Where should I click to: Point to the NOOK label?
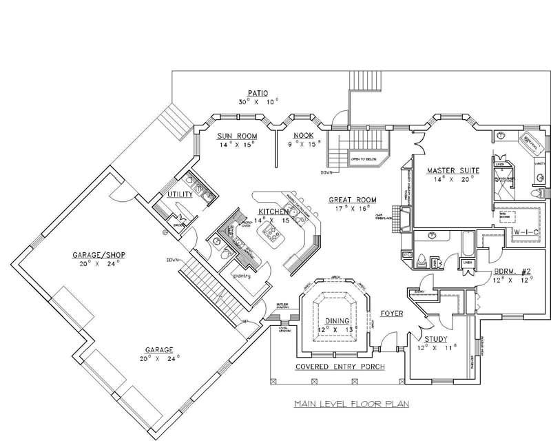click(x=303, y=135)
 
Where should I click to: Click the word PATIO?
click(x=258, y=92)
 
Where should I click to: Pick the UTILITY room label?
click(x=179, y=196)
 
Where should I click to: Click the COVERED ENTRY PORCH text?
click(x=340, y=366)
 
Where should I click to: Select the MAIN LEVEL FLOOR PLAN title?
click(x=351, y=403)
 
